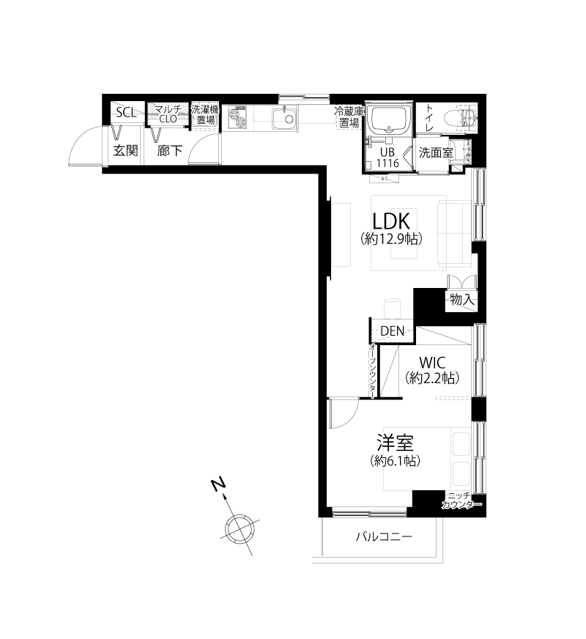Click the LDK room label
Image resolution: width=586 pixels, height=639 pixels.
(391, 221)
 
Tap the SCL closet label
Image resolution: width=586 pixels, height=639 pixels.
(126, 112)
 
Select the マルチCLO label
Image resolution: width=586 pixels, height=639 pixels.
(168, 114)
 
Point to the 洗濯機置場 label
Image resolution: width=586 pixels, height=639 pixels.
(205, 114)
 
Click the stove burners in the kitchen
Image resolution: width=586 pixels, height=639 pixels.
(238, 117)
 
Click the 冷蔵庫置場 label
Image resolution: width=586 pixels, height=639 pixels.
(349, 117)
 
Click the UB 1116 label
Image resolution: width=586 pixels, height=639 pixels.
(387, 158)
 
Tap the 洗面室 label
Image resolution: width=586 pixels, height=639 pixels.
(436, 153)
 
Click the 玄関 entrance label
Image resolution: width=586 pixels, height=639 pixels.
(125, 151)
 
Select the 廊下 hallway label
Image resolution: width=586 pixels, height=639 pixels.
(170, 151)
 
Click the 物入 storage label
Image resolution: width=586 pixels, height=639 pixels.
(462, 300)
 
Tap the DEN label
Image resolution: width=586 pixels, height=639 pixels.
(393, 331)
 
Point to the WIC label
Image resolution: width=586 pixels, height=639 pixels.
(432, 362)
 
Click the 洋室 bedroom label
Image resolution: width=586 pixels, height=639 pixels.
(395, 443)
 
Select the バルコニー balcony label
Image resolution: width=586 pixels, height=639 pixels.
(384, 536)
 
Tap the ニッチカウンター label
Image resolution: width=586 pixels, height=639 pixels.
(461, 501)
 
